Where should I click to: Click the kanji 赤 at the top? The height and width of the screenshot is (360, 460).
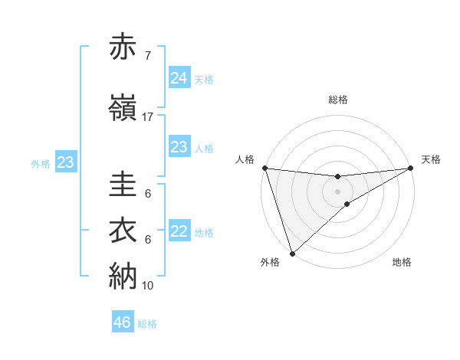(124, 48)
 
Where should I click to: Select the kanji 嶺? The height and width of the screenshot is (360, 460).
(124, 109)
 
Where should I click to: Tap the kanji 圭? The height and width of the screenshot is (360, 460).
(124, 186)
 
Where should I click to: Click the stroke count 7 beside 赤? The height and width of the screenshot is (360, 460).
(147, 57)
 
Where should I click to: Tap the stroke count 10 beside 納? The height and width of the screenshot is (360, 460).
(147, 286)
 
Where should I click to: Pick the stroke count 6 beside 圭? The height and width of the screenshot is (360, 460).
(147, 194)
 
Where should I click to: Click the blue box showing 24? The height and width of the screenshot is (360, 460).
(179, 78)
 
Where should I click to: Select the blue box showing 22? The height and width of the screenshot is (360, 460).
(179, 231)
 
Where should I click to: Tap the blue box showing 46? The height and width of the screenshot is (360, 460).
(123, 322)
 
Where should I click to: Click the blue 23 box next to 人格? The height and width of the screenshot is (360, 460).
(179, 147)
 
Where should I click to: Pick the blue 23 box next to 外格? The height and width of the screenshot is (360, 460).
(65, 162)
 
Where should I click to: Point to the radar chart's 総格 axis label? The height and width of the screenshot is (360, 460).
(338, 100)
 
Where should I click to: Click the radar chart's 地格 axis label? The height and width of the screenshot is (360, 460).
(402, 263)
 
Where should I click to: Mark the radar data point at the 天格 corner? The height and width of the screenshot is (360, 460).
(411, 168)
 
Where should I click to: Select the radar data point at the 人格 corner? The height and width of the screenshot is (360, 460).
(264, 168)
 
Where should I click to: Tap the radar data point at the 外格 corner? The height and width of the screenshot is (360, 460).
(292, 253)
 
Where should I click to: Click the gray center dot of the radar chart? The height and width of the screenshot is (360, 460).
(338, 191)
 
